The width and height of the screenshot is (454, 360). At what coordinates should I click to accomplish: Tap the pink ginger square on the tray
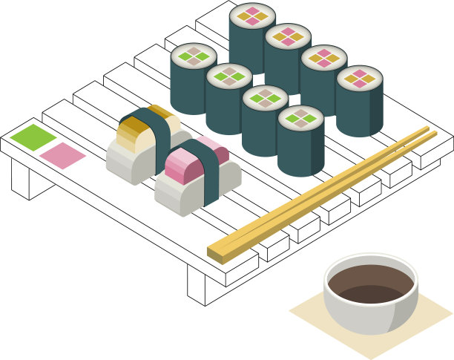coord(62,155)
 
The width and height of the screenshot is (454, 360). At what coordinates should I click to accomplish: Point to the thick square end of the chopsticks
coord(216,253)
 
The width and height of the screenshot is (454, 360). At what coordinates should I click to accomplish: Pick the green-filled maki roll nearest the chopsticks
coord(300,141)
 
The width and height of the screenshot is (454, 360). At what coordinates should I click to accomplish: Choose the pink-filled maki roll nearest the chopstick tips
coord(359,101)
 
